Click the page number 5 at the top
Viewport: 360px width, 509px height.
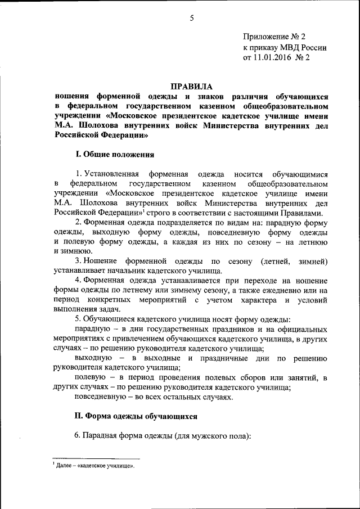click(x=191, y=18)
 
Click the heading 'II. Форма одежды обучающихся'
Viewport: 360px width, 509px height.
click(x=136, y=416)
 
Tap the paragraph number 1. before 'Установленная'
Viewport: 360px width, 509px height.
click(x=79, y=173)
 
